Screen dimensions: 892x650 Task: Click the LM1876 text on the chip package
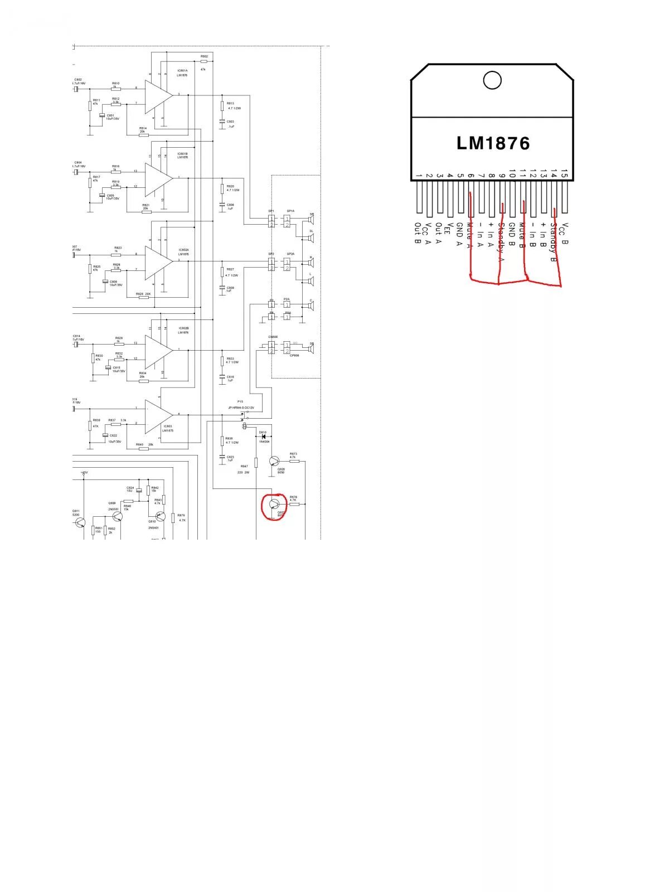[x=493, y=143]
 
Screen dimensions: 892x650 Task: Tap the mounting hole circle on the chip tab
[x=492, y=80]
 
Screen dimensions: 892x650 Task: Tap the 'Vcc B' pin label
[x=564, y=234]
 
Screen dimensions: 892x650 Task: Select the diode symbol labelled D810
[x=263, y=436]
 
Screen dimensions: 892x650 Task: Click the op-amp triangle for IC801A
[x=158, y=95]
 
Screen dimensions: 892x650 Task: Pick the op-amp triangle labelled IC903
[x=158, y=416]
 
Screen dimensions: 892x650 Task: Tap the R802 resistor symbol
[x=204, y=61]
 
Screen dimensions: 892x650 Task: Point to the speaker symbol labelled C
[x=311, y=306]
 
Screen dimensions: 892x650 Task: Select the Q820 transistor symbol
[x=274, y=462]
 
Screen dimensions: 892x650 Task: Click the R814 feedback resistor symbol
[x=143, y=135]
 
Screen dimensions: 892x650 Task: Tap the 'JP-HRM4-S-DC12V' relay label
[x=241, y=408]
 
